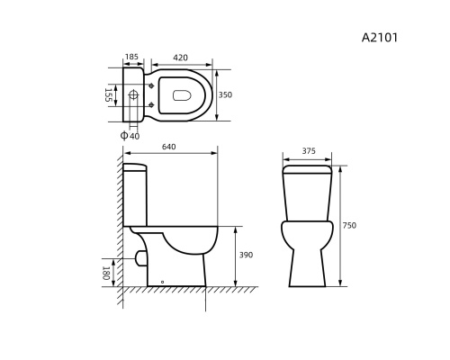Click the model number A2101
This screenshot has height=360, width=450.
click(380, 38)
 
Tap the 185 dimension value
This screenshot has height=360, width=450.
click(131, 57)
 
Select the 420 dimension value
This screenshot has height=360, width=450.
click(180, 58)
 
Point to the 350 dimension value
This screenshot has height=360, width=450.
click(225, 94)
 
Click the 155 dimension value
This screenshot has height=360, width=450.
click(108, 94)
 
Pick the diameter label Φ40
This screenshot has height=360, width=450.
click(130, 136)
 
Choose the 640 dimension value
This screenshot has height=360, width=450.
click(169, 147)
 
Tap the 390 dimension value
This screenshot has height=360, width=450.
click(246, 255)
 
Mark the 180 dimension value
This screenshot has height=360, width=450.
click(105, 273)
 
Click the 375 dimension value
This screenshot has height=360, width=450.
click(309, 151)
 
